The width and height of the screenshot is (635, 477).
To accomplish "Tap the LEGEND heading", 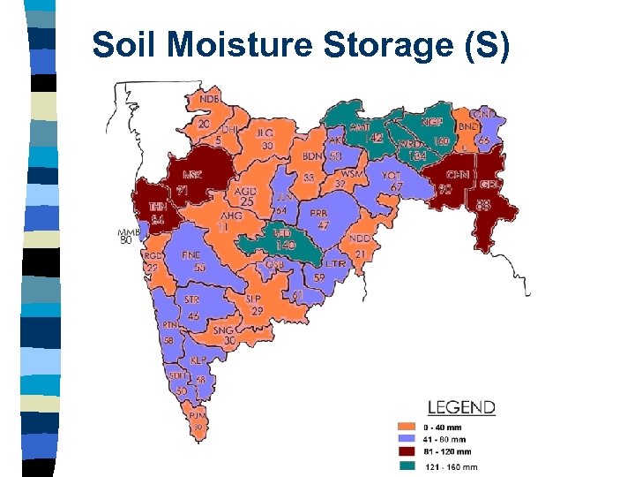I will [461, 407].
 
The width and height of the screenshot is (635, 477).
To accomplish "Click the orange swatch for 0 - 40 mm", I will [406, 427].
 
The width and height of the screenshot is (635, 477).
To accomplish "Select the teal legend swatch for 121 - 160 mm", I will [406, 465].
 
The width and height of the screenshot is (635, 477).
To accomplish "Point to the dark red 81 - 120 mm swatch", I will [406, 451].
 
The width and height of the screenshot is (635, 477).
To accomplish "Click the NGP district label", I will [432, 122].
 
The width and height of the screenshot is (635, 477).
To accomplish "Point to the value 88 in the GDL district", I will [484, 205].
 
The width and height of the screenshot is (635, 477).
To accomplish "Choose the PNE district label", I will [191, 255].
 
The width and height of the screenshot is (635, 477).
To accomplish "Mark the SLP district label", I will [254, 299].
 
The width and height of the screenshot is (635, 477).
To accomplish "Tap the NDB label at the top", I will [210, 100].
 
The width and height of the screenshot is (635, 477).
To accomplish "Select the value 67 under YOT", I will [396, 187].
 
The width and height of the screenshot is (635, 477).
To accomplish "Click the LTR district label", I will [335, 264].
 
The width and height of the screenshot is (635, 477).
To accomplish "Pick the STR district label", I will [191, 300].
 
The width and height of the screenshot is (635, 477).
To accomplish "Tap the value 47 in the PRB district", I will [324, 225].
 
